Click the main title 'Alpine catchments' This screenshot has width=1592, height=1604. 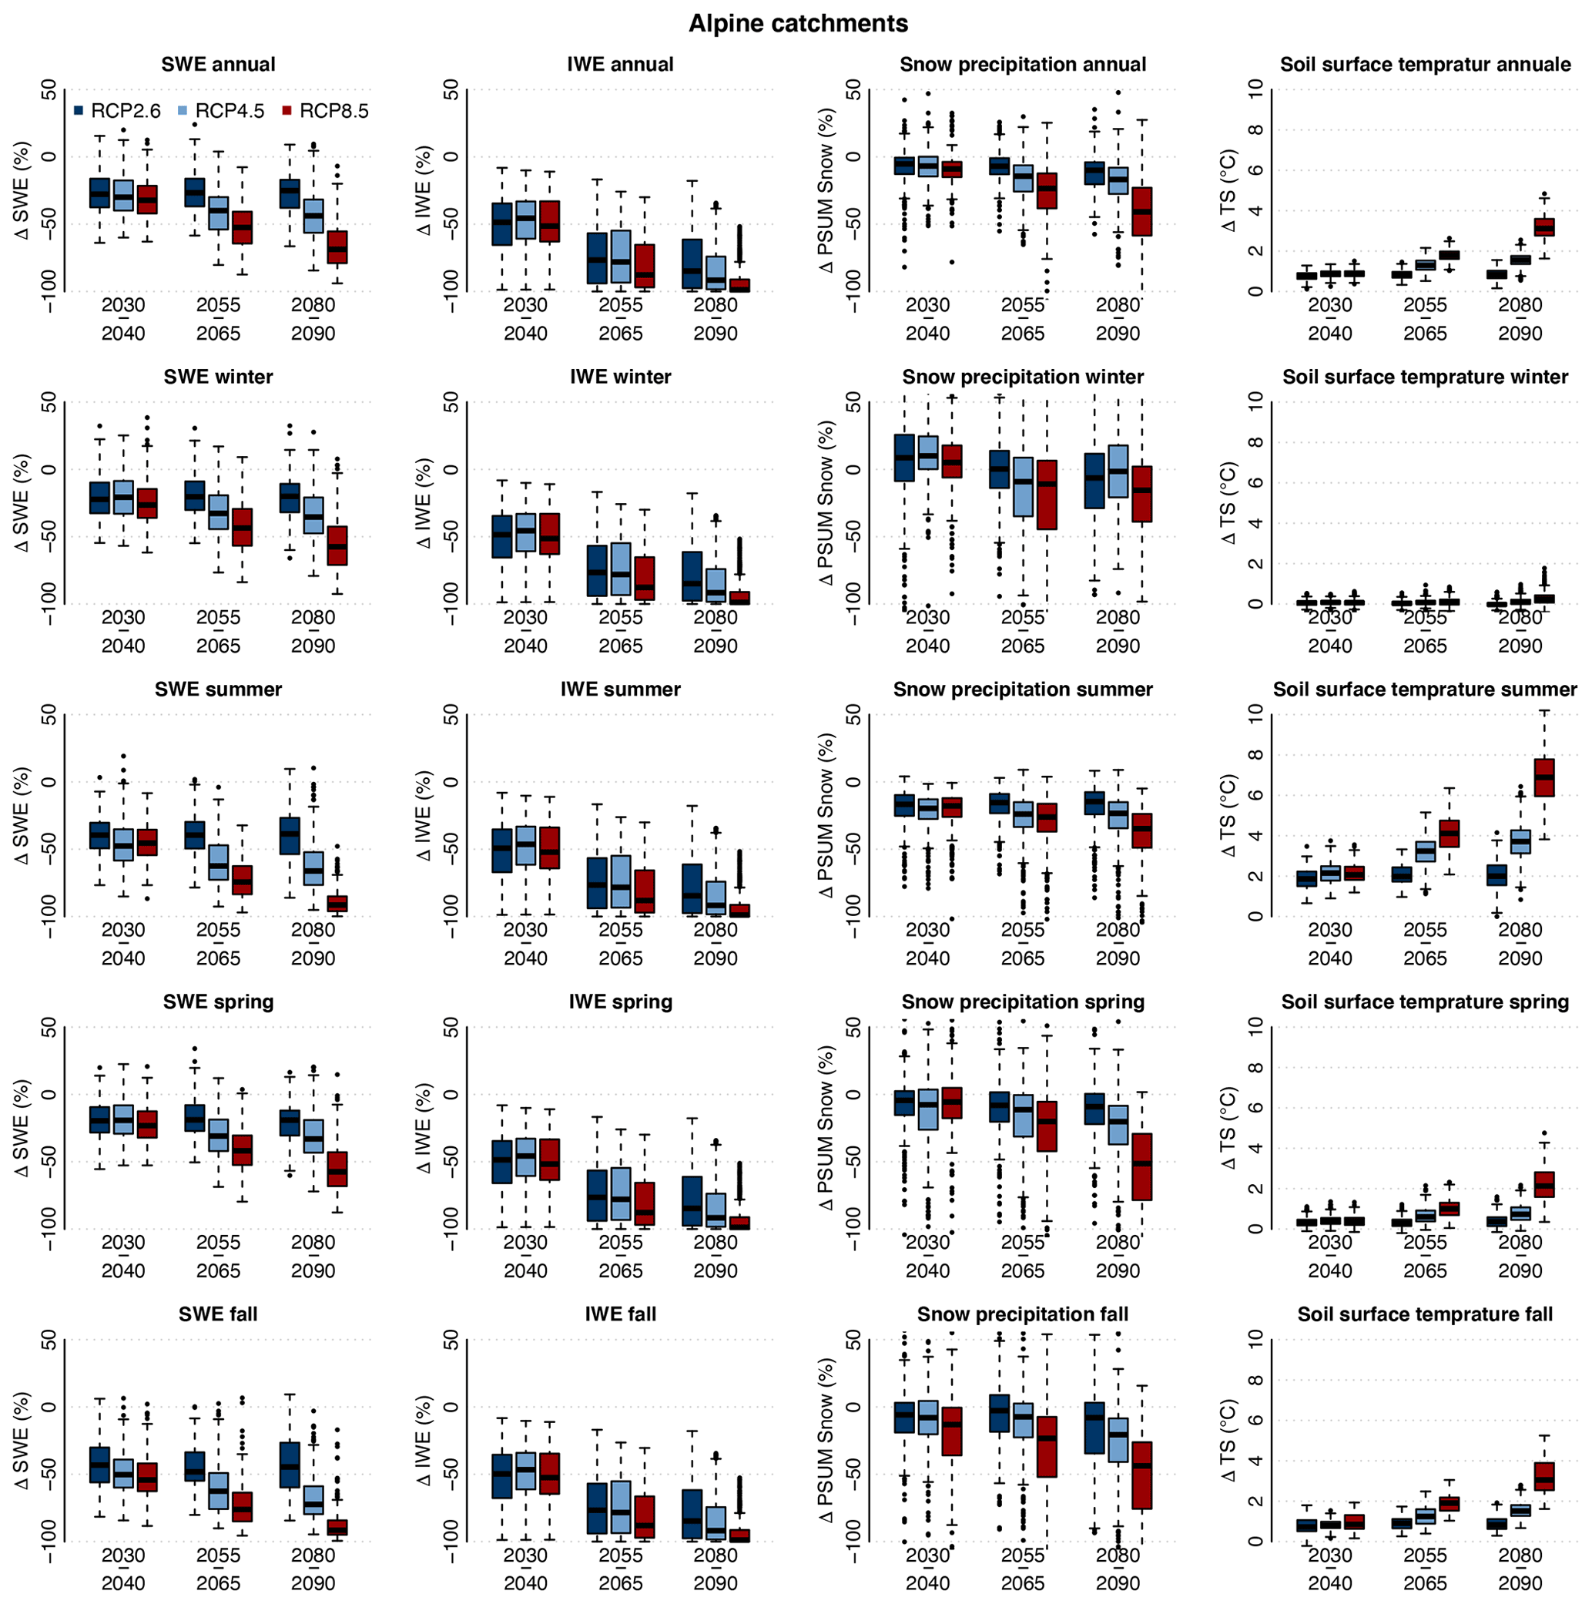(x=798, y=23)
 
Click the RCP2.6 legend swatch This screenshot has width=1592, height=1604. (x=79, y=110)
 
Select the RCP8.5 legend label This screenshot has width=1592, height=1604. (x=333, y=111)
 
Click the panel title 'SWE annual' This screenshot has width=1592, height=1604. (x=218, y=65)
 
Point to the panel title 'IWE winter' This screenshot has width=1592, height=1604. (x=620, y=377)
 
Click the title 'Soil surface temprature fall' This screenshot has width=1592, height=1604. (x=1424, y=1315)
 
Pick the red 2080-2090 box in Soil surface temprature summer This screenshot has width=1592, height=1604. (x=1543, y=777)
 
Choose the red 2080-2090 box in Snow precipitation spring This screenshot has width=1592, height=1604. (x=1141, y=1166)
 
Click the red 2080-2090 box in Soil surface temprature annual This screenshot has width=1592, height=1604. (x=1543, y=227)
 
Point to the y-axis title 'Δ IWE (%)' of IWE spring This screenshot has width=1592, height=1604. (x=425, y=1127)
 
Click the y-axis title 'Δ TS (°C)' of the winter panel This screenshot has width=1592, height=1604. (x=1229, y=503)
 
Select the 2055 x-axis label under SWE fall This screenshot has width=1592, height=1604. (x=218, y=1555)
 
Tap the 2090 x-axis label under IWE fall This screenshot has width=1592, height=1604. (x=715, y=1583)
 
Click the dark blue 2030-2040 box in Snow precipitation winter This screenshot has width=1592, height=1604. (x=904, y=458)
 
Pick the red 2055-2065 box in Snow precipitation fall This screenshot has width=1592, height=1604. (x=1047, y=1447)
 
